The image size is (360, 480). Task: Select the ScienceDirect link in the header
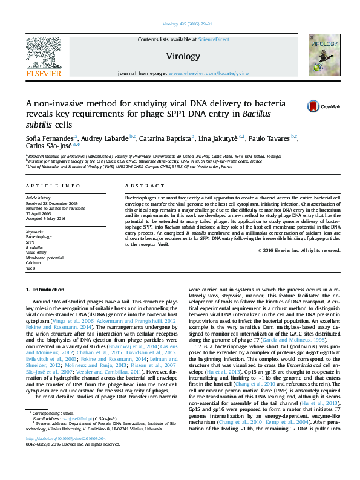click(x=214, y=39)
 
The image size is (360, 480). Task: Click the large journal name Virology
click(x=183, y=56)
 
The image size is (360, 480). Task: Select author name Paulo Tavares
click(x=267, y=139)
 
